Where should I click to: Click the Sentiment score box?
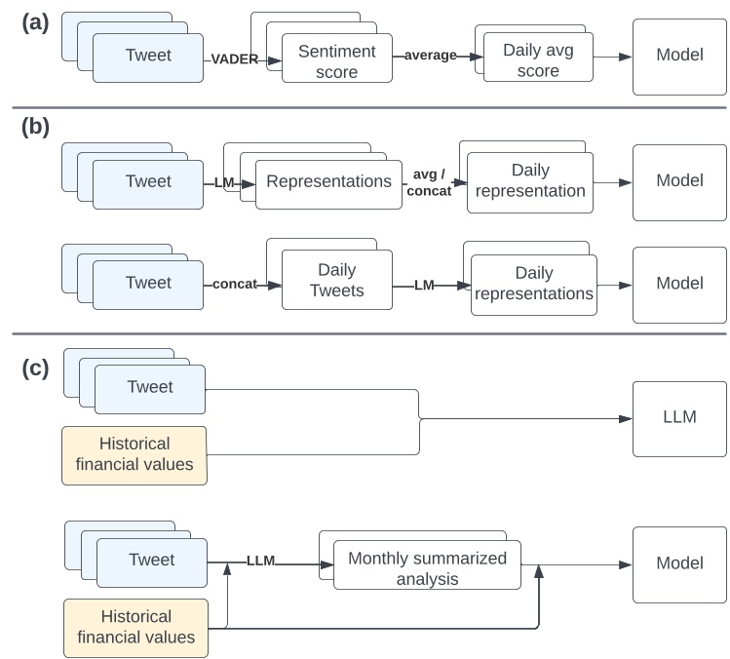tap(336, 60)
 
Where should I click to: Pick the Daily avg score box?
tap(531, 60)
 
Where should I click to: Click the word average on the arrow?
tap(431, 56)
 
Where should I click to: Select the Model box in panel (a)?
tap(678, 56)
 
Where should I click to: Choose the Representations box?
tap(328, 182)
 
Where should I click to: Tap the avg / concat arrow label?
tap(429, 183)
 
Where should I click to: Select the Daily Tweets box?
tap(336, 280)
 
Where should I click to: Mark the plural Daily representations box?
tap(532, 284)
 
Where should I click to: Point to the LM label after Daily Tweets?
tap(424, 285)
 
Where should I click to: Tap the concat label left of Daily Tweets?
tap(235, 284)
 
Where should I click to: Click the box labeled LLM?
tap(678, 419)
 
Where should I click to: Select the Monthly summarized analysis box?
tap(427, 568)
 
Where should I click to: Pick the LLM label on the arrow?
tap(260, 561)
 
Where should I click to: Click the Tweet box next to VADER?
tap(148, 56)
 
